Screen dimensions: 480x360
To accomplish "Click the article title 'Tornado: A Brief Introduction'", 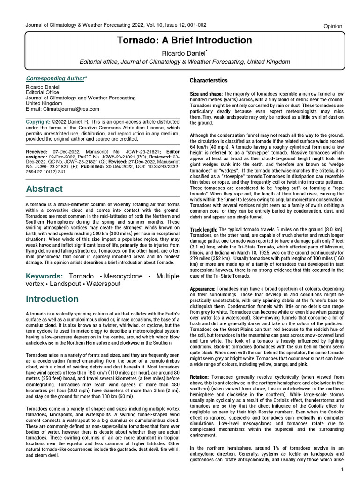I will click(x=184, y=40).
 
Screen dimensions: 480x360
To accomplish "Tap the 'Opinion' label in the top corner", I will click(x=333, y=26).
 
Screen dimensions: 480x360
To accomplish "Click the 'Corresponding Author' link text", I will click(x=55, y=79).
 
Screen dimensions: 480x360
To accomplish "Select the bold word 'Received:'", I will click(x=36, y=152).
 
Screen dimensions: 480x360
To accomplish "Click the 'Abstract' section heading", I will click(x=44, y=189).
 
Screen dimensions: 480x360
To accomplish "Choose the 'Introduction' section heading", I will click(x=52, y=299).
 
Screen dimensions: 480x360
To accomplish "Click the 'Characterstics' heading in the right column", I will click(x=209, y=81).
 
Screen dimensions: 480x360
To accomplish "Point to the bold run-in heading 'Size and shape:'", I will click(x=206, y=95).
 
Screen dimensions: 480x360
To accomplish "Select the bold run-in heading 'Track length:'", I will click(x=203, y=230).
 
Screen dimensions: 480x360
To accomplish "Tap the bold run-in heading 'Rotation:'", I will click(x=200, y=377).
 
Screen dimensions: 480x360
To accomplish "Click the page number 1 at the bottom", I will click(x=342, y=470).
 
